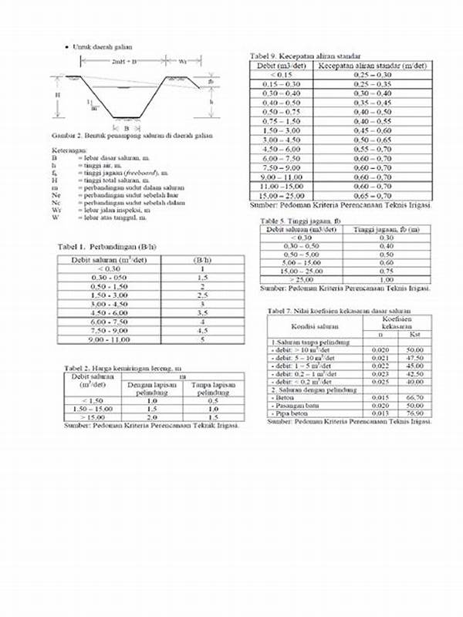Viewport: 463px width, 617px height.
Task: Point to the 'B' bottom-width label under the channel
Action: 115,127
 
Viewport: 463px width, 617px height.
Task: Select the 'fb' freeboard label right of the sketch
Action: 211,81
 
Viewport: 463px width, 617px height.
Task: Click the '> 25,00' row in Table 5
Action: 302,279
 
